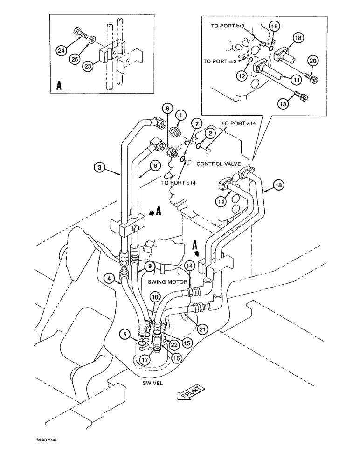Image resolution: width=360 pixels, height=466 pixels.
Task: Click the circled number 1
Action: [180, 114]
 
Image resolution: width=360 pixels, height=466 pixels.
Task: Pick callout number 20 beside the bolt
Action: [313, 60]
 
